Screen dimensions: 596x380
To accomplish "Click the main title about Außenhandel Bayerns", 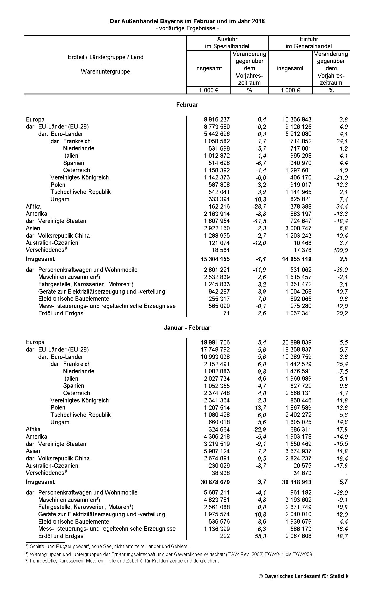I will click(187, 21).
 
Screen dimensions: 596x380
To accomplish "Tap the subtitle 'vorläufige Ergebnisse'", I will click(187, 29).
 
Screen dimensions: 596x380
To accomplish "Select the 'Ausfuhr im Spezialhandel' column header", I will click(227, 43).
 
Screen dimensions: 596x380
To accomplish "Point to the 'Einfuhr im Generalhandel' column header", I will click(309, 43).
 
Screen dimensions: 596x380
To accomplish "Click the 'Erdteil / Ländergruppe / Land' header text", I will click(106, 57).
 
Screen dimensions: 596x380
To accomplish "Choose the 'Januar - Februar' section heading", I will click(187, 328).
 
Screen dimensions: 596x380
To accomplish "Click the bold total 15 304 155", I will click(215, 259).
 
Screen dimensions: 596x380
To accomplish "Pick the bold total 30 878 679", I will click(215, 482).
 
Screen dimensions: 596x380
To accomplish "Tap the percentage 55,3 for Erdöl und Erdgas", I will click(260, 536).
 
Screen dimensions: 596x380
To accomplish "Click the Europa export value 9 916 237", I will click(217, 119).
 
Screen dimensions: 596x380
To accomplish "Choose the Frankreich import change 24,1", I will click(342, 141).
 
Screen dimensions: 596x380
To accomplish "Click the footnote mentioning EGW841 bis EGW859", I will click(170, 554).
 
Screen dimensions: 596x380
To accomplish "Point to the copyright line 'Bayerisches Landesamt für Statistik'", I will click(304, 576).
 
